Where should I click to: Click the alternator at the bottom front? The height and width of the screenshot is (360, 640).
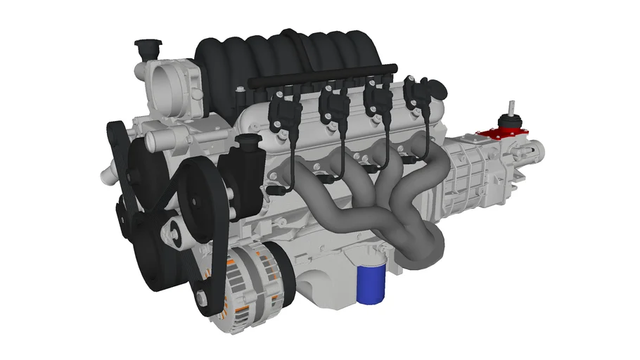[x=249, y=281]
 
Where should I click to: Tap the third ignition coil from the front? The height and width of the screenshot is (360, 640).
[x=380, y=102]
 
